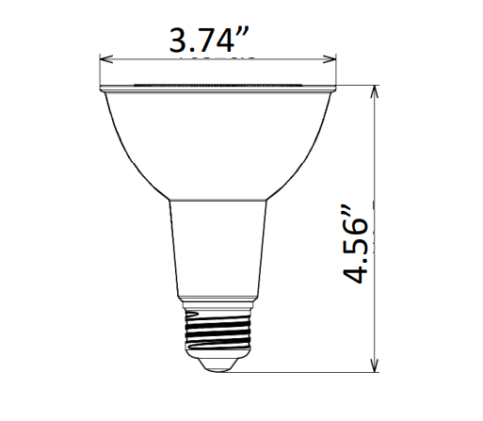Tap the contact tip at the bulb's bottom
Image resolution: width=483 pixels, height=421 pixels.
(217, 362)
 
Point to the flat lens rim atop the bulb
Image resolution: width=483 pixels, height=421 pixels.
(217, 88)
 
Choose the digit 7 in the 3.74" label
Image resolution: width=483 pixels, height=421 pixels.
(213, 41)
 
